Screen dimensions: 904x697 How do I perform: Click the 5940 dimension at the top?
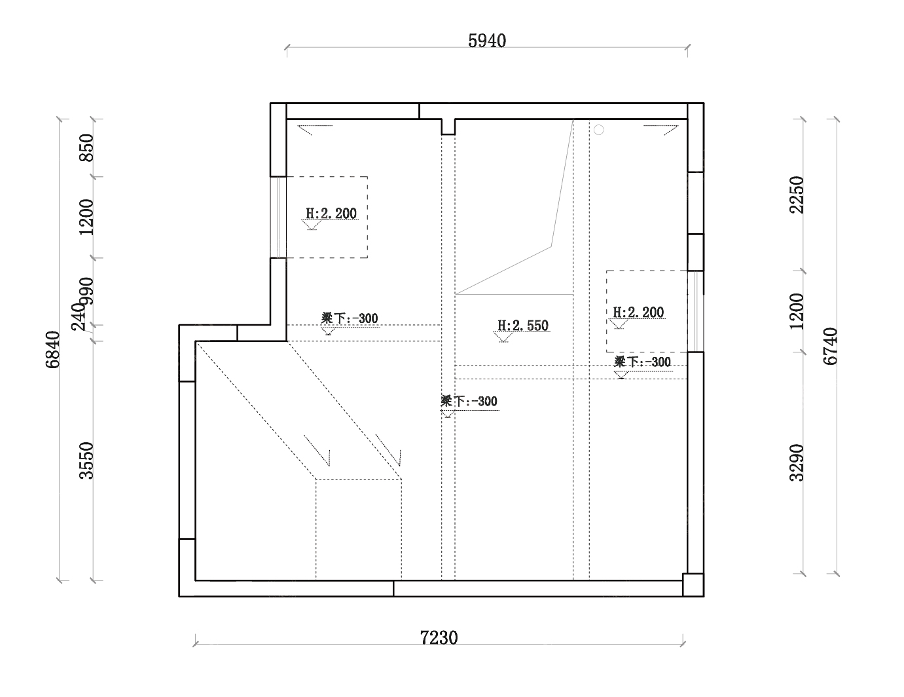coord(487,41)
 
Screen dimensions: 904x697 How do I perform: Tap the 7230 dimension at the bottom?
coord(439,637)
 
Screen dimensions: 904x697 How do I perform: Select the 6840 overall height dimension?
coord(53,350)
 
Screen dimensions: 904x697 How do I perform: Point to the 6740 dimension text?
coord(831,347)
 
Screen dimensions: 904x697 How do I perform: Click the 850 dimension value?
coord(86,147)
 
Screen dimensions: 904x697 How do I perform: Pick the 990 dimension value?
coord(86,292)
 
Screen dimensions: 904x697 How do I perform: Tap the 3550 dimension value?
coord(86,461)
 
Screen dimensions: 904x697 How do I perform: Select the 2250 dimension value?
coord(797,195)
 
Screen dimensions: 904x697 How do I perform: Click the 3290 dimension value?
coord(797,462)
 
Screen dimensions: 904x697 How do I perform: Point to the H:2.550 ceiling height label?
coord(523,326)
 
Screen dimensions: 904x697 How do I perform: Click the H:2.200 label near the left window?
coord(331,214)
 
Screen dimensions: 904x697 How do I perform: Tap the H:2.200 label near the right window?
coord(638,312)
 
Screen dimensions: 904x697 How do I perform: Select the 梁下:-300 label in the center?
coord(469,401)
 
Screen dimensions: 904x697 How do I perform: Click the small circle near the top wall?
coord(599,130)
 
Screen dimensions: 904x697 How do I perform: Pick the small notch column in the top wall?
coord(448,126)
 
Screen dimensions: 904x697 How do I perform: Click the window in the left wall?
coord(278,217)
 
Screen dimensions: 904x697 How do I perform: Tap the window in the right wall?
coord(696,312)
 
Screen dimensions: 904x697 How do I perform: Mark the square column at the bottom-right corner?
coord(693,585)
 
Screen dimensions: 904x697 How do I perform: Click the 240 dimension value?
coord(78,316)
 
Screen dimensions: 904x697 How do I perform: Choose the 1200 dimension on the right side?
coord(797,311)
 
